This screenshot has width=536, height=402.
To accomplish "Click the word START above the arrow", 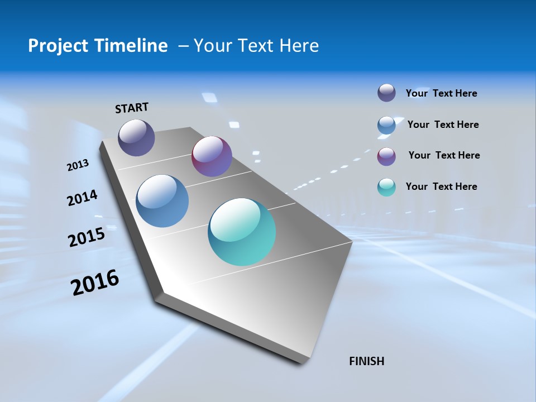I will (x=132, y=108).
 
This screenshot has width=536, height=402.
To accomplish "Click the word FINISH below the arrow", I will (x=367, y=361).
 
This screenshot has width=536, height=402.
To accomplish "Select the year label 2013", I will (x=78, y=165).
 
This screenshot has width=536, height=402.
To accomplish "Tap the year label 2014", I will (x=83, y=198).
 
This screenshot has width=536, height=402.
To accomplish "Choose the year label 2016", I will (x=95, y=283).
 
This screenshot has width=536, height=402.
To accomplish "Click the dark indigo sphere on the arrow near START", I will (x=136, y=137).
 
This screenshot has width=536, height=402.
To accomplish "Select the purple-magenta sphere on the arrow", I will (x=212, y=156).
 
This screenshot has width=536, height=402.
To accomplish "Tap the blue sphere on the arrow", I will (x=162, y=200).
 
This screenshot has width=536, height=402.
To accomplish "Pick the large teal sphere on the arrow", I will (x=242, y=232).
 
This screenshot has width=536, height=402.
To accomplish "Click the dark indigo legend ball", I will (x=386, y=93).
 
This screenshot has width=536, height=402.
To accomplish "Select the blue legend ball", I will (x=386, y=125).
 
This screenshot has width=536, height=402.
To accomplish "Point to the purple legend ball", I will (x=386, y=156).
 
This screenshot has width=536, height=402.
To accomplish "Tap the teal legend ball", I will (x=386, y=187).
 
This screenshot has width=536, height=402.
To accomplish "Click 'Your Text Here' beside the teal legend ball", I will (x=441, y=186).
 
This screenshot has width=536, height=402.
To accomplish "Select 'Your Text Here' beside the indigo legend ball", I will (x=441, y=93).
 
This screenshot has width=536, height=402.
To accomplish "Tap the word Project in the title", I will (x=55, y=46).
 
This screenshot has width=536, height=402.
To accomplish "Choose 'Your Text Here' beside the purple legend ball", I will (x=444, y=155).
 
